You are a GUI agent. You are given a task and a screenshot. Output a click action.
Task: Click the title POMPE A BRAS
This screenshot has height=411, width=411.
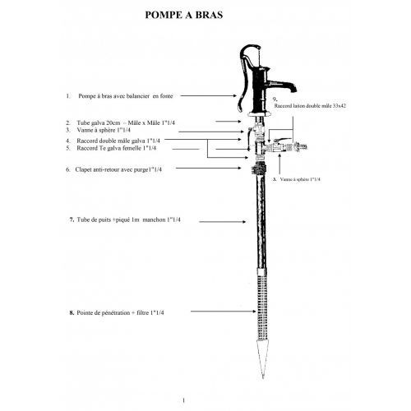point(184,15)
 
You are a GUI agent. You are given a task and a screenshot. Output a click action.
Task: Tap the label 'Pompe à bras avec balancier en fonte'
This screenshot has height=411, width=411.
point(126,96)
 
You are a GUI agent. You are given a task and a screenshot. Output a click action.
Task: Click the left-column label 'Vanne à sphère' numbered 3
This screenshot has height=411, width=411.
point(104,130)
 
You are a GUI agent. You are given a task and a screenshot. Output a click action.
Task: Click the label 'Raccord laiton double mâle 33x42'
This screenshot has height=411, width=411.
point(310,106)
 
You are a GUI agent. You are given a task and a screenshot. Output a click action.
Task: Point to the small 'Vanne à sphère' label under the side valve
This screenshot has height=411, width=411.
point(300,179)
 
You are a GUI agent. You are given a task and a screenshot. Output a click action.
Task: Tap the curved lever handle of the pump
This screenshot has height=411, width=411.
point(243,76)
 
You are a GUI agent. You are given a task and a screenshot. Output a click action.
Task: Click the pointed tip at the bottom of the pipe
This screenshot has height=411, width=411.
point(263,377)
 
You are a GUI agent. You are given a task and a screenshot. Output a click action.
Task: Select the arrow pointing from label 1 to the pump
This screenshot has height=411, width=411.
point(208,95)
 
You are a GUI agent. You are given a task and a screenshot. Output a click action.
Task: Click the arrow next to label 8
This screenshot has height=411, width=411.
point(224,312)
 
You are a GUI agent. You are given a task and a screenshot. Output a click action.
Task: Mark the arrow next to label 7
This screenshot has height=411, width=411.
point(223,221)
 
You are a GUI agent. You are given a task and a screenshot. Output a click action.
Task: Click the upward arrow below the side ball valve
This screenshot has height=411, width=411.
point(279,164)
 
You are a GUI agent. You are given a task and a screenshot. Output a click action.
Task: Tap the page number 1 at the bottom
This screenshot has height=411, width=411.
point(183,400)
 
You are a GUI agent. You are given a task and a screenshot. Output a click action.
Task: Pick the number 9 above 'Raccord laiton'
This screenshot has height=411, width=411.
point(275,99)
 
